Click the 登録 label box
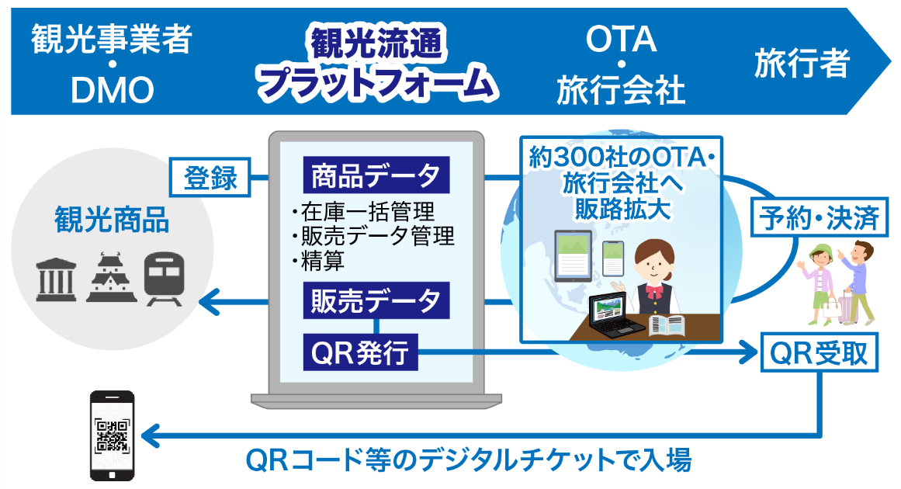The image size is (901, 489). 210,177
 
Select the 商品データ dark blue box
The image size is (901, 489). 376,175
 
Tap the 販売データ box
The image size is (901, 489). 376,300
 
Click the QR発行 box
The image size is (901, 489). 360,352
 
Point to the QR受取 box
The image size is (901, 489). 819,352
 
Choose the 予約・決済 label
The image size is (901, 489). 820,218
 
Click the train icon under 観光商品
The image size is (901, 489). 165,279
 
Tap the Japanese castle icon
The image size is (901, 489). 112,277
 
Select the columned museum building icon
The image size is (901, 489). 57,280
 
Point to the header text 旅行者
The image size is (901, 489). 802,63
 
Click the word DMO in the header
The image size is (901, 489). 113,89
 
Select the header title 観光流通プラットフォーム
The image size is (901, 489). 377,63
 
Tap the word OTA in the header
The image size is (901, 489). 621,39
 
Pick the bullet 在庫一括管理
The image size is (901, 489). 363,212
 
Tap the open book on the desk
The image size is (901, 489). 667,325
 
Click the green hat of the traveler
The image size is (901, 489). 820,251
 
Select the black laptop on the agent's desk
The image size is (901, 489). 617,315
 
